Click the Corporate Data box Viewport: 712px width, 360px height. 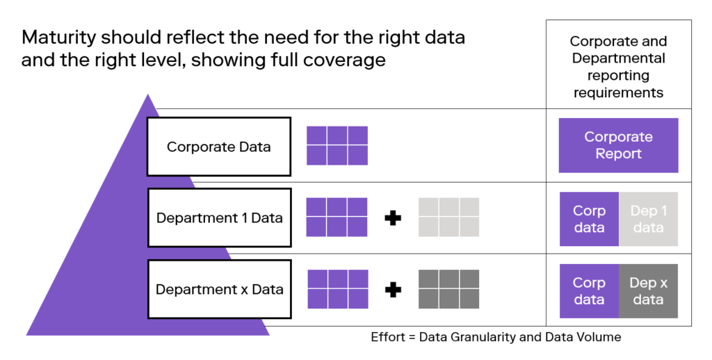click(x=219, y=147)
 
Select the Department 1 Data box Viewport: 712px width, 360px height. click(x=219, y=218)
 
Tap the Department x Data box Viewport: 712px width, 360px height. click(x=219, y=289)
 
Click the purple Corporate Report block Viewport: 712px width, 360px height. click(x=618, y=145)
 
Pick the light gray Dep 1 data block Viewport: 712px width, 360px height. click(x=649, y=219)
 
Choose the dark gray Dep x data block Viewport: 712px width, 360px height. click(x=649, y=291)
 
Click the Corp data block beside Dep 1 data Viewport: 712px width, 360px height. click(x=589, y=219)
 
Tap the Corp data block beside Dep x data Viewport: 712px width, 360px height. click(x=589, y=291)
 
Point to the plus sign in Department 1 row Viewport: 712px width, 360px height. click(x=393, y=218)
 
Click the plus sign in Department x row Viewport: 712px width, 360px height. click(x=393, y=290)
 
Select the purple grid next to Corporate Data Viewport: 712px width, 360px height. click(x=337, y=146)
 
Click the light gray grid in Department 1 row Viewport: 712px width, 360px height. click(x=448, y=217)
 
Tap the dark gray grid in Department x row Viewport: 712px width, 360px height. click(x=448, y=289)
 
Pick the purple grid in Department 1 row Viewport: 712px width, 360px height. click(x=337, y=217)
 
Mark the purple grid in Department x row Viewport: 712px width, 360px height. click(x=338, y=289)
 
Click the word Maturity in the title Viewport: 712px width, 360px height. click(x=58, y=38)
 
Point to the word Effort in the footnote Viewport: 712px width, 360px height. click(x=388, y=337)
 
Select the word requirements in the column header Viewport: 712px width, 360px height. click(x=618, y=93)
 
